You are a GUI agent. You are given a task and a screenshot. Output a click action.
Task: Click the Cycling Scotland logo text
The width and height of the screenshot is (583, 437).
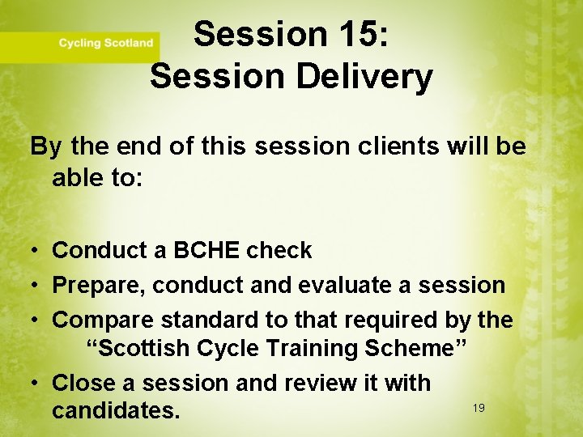[x=105, y=43]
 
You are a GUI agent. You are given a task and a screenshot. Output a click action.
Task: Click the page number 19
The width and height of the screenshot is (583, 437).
[x=479, y=408]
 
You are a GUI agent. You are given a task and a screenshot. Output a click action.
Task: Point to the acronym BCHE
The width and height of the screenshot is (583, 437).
[x=206, y=251]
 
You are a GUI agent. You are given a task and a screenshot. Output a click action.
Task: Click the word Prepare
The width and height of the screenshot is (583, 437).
[x=98, y=286]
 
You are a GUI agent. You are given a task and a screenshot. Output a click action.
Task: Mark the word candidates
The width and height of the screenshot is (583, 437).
[x=116, y=410]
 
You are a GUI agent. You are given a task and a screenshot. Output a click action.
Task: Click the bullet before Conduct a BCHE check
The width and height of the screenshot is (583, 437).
[x=37, y=251]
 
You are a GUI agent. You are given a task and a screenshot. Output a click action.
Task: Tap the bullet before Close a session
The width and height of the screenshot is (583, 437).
[x=37, y=382]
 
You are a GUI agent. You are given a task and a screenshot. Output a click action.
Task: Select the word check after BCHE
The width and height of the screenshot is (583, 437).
[x=279, y=251]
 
